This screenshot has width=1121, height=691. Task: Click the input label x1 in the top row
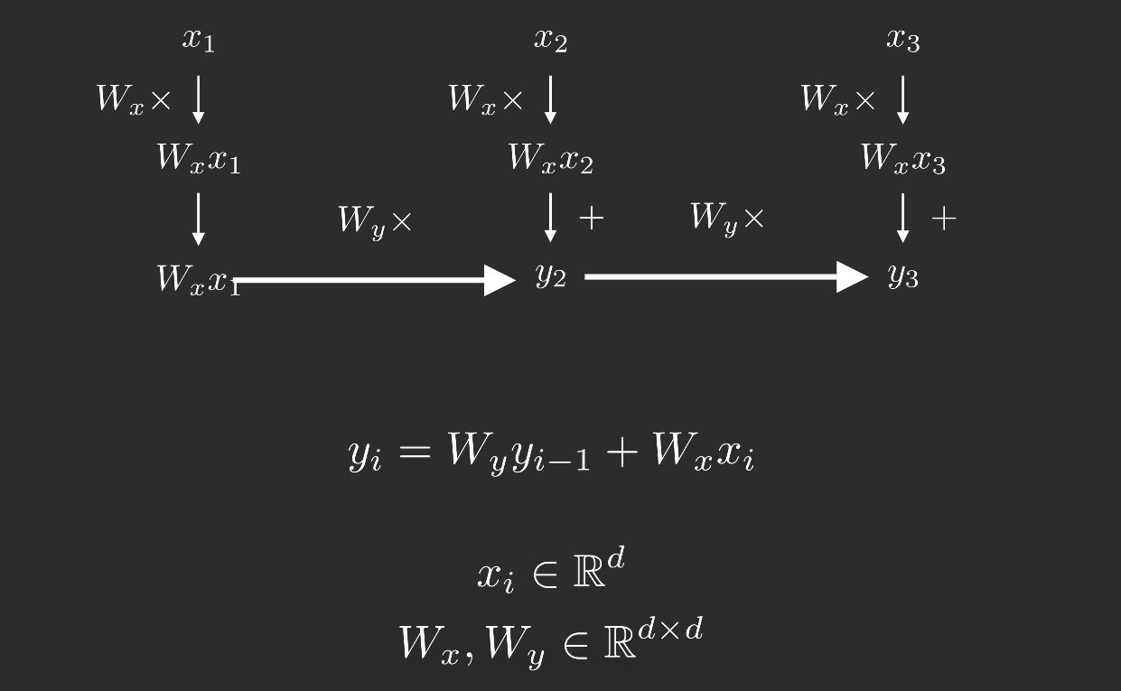199,39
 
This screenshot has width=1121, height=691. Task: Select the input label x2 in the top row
550,39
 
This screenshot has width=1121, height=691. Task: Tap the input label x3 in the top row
902,39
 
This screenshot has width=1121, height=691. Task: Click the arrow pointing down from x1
198,98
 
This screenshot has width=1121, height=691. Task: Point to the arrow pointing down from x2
550,98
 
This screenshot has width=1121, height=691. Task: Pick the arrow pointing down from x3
902,98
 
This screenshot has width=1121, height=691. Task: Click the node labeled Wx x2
550,158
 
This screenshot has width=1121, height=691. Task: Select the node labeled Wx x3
902,158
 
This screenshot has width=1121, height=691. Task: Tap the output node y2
550,274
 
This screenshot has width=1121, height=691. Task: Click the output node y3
902,274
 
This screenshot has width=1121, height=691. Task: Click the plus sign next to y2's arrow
591,218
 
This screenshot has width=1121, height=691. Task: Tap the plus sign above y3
943,218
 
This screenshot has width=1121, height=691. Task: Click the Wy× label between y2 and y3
726,218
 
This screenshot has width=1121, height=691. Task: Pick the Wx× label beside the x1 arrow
133,98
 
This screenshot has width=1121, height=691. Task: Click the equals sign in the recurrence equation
415,451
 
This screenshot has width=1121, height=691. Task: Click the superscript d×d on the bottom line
669,629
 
